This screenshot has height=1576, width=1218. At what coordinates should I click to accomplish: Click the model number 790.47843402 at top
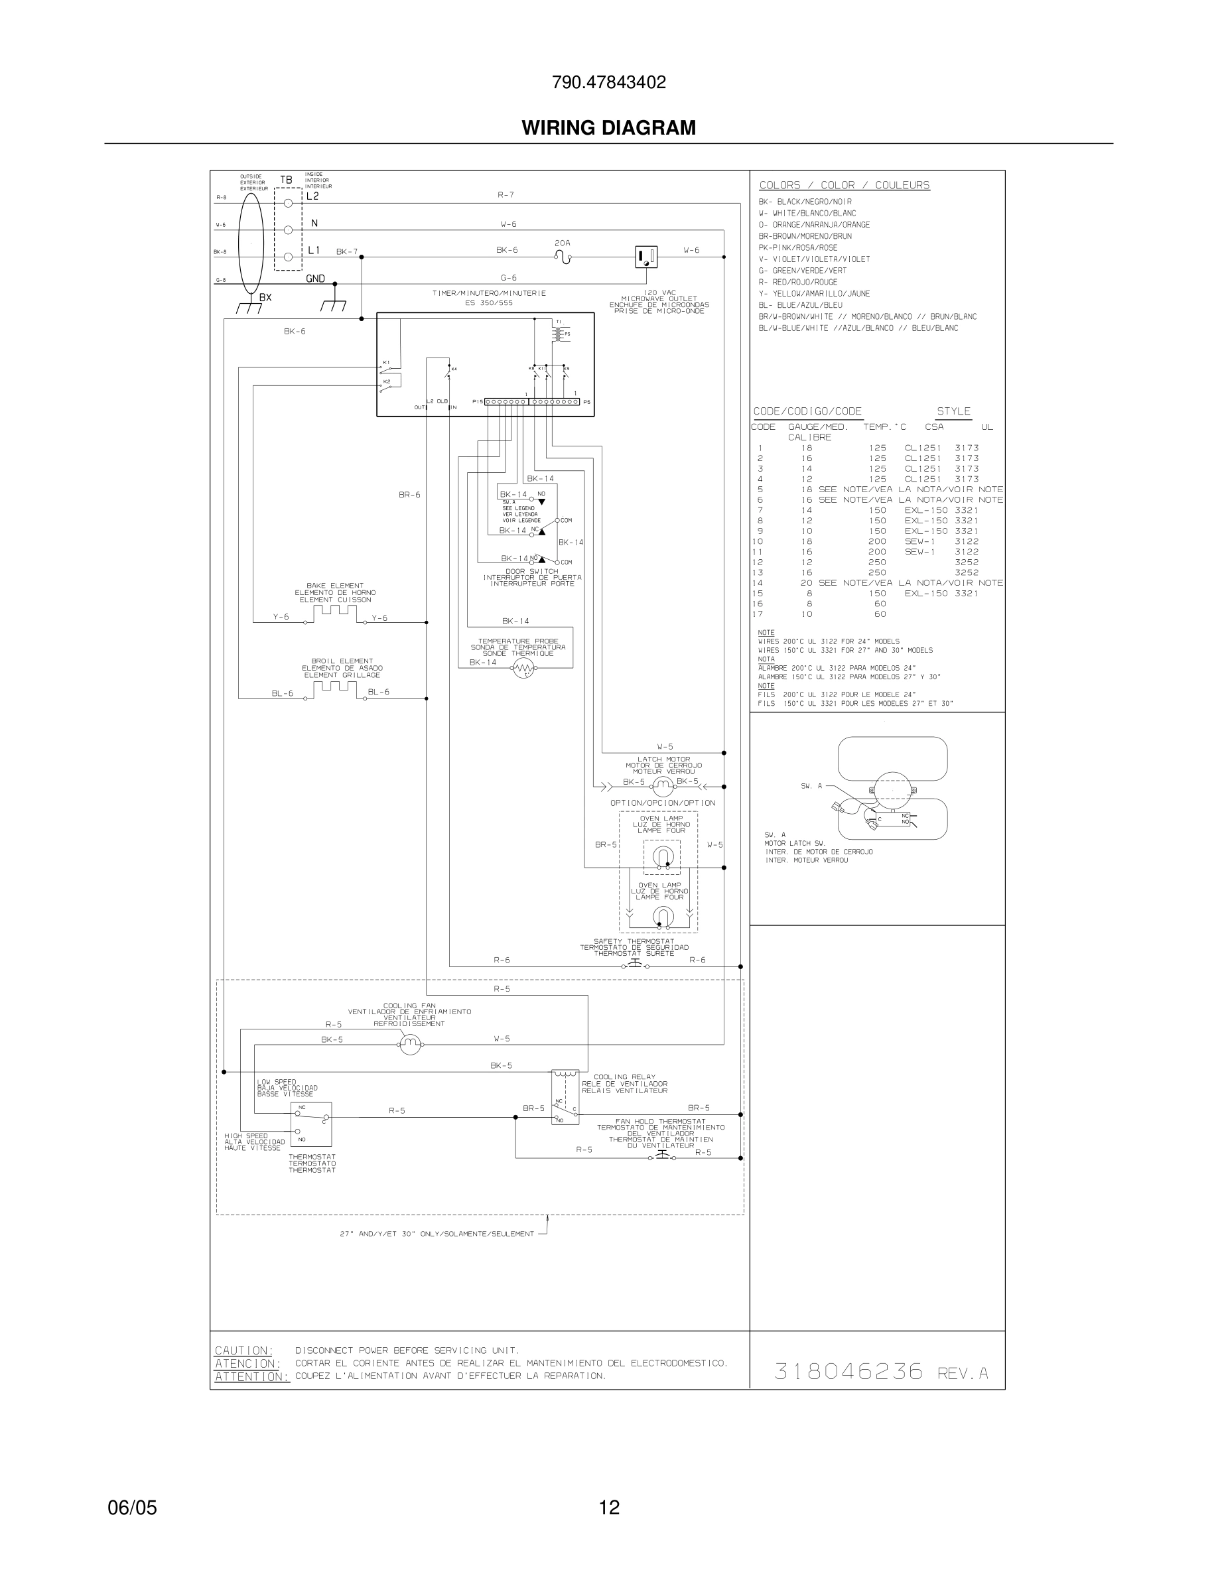[x=608, y=82]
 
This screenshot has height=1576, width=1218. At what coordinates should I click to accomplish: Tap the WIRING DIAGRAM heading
[x=608, y=128]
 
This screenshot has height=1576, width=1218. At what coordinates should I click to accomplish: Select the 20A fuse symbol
[x=562, y=256]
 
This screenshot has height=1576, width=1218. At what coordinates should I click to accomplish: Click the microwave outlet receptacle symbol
[x=645, y=256]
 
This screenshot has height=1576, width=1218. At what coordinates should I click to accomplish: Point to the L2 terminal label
[x=312, y=196]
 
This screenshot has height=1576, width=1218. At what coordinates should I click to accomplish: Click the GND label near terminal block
[x=315, y=279]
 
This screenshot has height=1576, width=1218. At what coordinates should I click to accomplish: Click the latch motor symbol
[x=661, y=787]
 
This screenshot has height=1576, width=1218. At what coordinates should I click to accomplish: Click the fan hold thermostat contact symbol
[x=661, y=1157]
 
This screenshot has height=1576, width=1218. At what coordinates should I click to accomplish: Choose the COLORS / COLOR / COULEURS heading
[x=845, y=186]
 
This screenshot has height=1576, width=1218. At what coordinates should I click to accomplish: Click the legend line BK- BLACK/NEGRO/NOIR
[x=805, y=202]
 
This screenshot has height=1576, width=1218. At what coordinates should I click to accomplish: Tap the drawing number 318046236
[x=848, y=1371]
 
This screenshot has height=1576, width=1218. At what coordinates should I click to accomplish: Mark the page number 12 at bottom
[x=609, y=1508]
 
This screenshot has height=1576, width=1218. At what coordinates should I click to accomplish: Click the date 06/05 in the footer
[x=132, y=1508]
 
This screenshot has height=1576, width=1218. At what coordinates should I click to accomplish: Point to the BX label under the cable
[x=265, y=297]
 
